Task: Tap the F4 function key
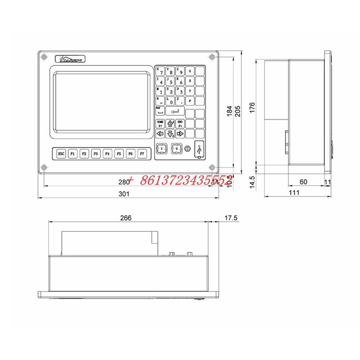point(107,153)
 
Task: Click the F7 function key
point(142,153)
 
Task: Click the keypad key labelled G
point(190,71)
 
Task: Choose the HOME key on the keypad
point(160,124)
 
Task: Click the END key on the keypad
point(180,124)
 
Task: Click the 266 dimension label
point(126,218)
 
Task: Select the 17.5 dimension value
point(230,218)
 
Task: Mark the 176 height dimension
point(252,107)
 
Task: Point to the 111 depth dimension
point(294,193)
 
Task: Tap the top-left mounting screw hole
point(44,57)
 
